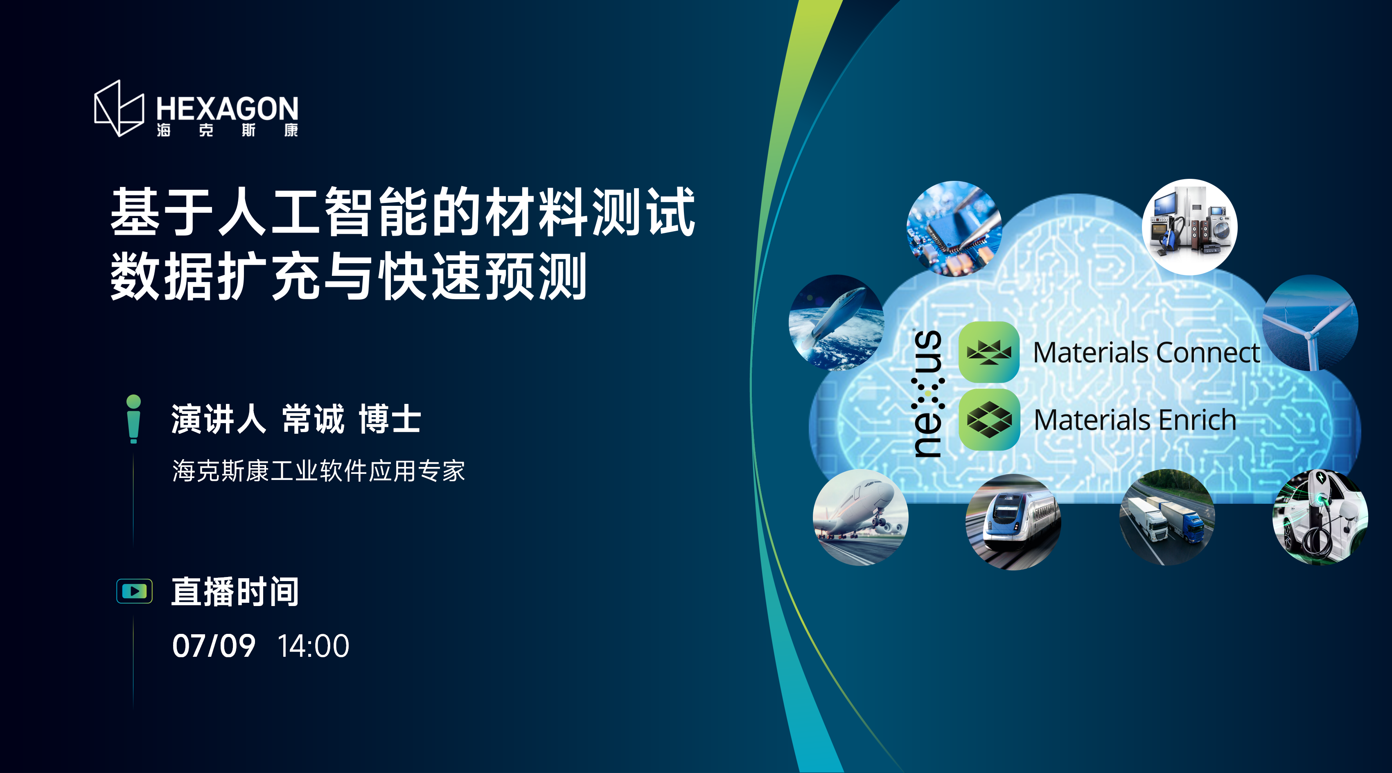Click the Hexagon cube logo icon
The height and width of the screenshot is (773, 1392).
pos(119,108)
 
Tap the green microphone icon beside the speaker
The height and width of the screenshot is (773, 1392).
pos(133,419)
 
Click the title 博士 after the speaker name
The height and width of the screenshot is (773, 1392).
pos(390,419)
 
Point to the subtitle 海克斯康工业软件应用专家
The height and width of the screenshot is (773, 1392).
pos(318,471)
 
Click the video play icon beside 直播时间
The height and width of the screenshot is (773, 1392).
pos(135,591)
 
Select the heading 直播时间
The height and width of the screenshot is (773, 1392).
pos(235,591)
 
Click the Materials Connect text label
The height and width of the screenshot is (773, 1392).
pos(1146,353)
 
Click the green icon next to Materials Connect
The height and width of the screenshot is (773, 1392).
pos(989,352)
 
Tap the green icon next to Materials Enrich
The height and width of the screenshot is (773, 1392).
pos(989,420)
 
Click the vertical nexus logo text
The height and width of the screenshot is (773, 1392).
pos(928,394)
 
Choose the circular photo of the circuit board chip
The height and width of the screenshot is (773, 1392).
pos(954,228)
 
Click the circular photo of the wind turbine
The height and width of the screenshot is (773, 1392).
pos(1310,323)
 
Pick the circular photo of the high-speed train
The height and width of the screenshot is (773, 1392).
pos(1013,522)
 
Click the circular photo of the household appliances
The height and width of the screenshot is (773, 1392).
pos(1189,227)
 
